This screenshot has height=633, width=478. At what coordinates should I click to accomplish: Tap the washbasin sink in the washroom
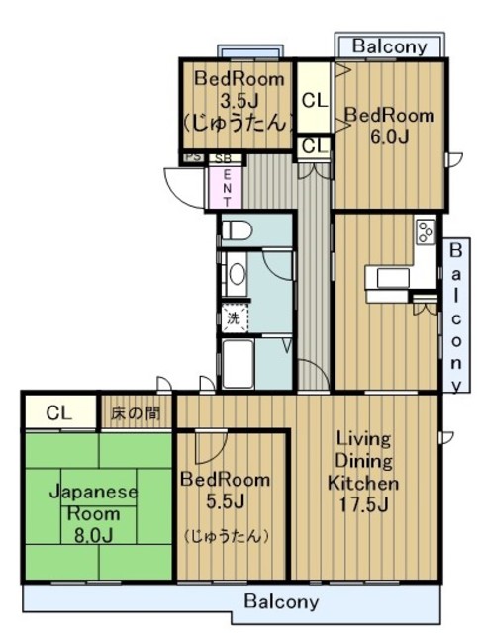tap(237, 275)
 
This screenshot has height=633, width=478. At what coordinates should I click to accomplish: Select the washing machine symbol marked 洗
tap(234, 318)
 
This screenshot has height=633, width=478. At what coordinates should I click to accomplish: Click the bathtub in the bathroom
tap(238, 364)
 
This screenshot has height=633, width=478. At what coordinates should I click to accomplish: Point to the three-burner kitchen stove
tap(426, 231)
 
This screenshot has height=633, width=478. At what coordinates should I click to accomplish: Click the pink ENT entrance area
tap(227, 188)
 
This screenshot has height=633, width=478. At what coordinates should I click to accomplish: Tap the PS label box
tap(193, 157)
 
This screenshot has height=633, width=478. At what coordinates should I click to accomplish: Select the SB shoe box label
tap(223, 158)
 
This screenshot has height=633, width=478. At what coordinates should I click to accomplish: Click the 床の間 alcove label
tap(136, 413)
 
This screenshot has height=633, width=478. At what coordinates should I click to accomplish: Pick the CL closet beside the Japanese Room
tap(60, 412)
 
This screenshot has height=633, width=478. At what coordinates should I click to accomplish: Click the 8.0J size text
tap(93, 535)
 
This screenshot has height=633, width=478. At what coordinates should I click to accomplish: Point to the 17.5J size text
tap(363, 505)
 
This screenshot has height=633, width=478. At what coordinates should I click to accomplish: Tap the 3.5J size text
tap(239, 100)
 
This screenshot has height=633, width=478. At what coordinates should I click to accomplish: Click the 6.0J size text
tap(389, 137)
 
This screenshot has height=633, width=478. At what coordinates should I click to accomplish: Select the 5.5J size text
tap(225, 501)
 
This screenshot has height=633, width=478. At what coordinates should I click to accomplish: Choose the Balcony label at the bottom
tap(281, 602)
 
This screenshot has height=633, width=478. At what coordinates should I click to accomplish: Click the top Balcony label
tap(390, 46)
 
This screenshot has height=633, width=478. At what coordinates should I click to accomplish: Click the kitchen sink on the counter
tap(393, 277)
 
